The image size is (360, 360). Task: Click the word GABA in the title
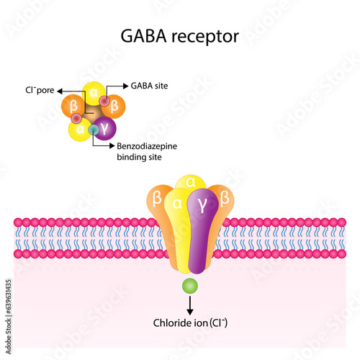coord(143,36)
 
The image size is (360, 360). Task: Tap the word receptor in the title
coord(205,37)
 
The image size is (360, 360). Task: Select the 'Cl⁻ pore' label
coord(40,90)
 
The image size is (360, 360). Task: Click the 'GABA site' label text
coord(149,86)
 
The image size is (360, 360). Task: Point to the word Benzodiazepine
coord(147,146)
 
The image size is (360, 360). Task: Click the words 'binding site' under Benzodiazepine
coord(139,157)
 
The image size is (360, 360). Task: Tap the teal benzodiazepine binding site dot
coord(94,130)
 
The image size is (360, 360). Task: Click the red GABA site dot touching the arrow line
coord(104,101)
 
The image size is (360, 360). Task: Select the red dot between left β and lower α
coord(76,118)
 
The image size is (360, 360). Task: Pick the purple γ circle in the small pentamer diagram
coord(104,128)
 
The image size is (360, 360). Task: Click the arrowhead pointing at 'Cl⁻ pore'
coord(60,91)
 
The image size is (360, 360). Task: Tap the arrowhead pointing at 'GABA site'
coord(125,86)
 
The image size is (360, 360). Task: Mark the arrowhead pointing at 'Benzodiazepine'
coord(112,145)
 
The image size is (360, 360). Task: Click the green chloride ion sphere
coord(190,286)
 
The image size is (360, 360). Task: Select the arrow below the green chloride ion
coord(190,305)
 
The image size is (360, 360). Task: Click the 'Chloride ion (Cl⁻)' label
coord(190,323)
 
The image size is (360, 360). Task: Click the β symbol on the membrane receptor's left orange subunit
coord(157,199)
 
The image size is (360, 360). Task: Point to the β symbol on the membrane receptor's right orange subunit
coord(225,198)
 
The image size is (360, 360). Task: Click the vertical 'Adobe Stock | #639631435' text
coord(9,317)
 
